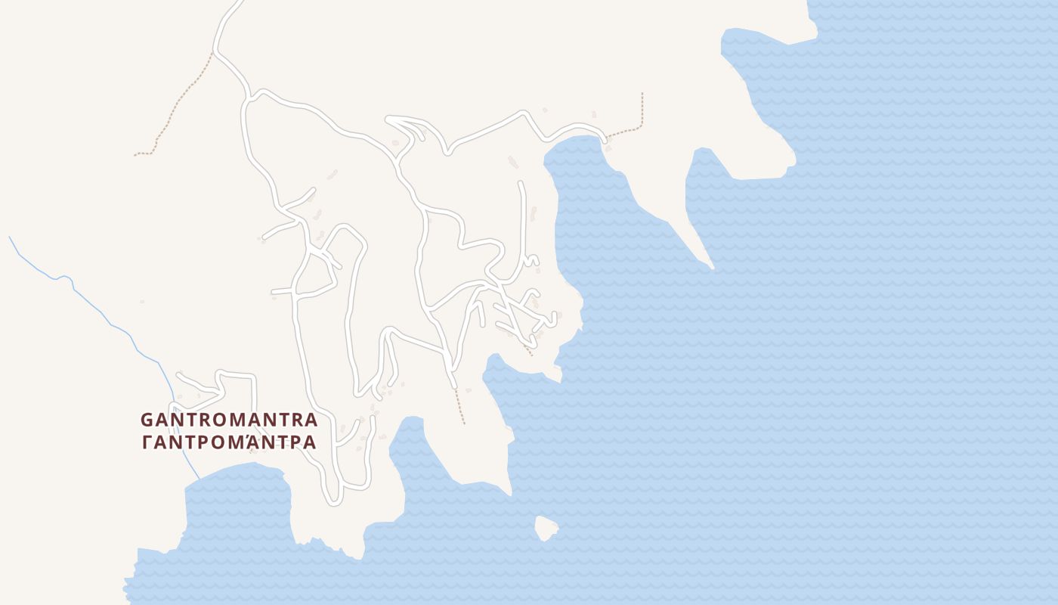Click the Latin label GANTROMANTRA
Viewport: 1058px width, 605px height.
click(x=229, y=420)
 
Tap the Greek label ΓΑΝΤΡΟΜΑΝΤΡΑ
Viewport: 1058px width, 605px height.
click(x=229, y=442)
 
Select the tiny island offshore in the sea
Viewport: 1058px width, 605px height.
click(x=546, y=528)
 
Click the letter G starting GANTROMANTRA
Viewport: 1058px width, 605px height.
click(x=147, y=420)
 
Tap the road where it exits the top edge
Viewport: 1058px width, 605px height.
click(x=238, y=3)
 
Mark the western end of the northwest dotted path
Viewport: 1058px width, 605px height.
click(x=136, y=155)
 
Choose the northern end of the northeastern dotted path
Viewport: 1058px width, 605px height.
click(x=642, y=94)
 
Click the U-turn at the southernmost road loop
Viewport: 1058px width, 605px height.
click(x=332, y=500)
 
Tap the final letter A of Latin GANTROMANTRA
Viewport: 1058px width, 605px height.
click(x=311, y=420)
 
